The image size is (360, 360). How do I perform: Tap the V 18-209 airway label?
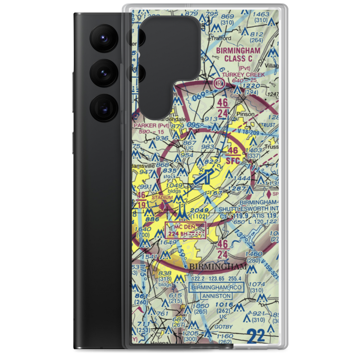pos(258,133)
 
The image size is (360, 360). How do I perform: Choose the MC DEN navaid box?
pos(185,230)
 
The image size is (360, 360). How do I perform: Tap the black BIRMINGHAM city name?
pos(218,267)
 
